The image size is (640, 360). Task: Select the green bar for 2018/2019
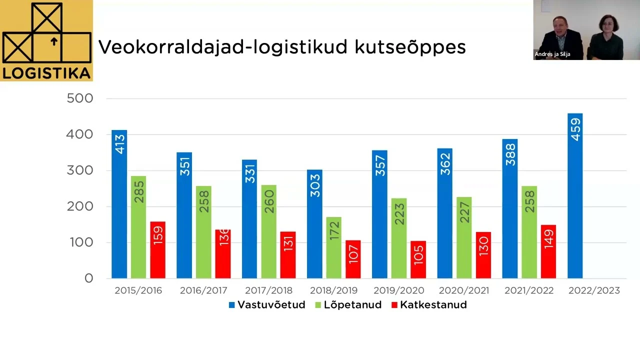tap(334, 247)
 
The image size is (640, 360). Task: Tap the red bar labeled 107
tap(353, 259)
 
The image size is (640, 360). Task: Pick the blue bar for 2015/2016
tap(119, 204)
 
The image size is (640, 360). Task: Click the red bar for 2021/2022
tap(548, 251)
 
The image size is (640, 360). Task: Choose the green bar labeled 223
tap(399, 238)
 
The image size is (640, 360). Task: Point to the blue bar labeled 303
tap(314, 224)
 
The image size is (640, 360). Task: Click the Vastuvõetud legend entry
tap(267, 304)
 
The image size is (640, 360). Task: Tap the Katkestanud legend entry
tap(429, 304)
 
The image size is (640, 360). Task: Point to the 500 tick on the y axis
tap(80, 98)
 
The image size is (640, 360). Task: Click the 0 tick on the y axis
tap(88, 278)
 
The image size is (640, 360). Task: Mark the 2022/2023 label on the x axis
tap(594, 290)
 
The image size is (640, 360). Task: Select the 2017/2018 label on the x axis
tap(268, 290)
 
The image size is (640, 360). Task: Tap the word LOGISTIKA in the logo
tap(46, 73)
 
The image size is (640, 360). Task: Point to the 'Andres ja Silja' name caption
tap(552, 54)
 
